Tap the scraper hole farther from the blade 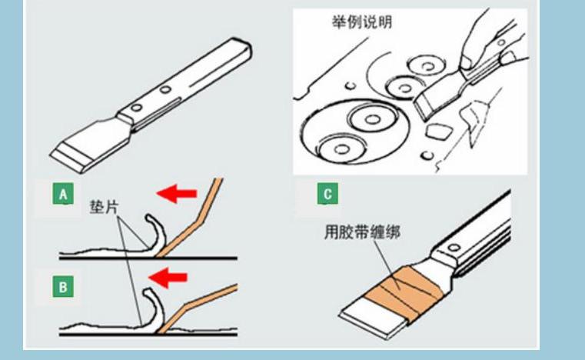click(164, 91)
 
